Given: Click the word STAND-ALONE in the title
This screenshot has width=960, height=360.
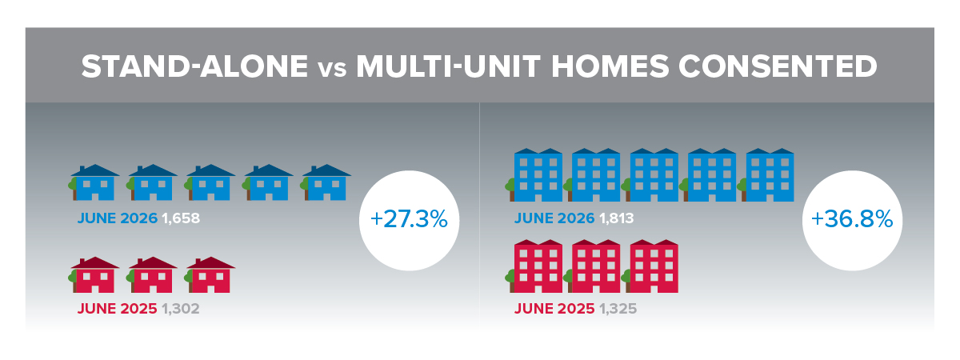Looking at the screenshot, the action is [x=194, y=66].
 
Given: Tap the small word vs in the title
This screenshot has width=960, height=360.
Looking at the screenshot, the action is [x=332, y=70].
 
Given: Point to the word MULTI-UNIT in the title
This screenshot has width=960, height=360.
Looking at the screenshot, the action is [x=448, y=66].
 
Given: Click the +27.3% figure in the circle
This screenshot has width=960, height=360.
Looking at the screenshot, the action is [x=409, y=219].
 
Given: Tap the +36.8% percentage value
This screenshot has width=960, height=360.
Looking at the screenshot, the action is [x=852, y=219].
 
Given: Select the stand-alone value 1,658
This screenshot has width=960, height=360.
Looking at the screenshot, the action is [x=181, y=218].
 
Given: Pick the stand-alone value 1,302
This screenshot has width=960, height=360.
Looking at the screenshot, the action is [x=181, y=309].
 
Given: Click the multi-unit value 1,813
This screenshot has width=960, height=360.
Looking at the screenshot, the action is [x=616, y=218].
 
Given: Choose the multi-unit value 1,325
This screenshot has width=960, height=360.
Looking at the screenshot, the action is [x=618, y=309].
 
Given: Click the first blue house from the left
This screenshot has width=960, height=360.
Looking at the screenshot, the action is [x=94, y=182].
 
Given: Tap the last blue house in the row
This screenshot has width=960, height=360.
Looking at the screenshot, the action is [x=326, y=182].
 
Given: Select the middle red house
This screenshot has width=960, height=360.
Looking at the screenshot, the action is [x=152, y=275].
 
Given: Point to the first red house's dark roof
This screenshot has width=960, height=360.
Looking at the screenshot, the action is [x=94, y=263].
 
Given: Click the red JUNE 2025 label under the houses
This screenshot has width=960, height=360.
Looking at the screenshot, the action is [x=117, y=309].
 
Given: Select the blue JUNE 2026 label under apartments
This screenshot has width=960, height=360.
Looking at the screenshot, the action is [x=554, y=218].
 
